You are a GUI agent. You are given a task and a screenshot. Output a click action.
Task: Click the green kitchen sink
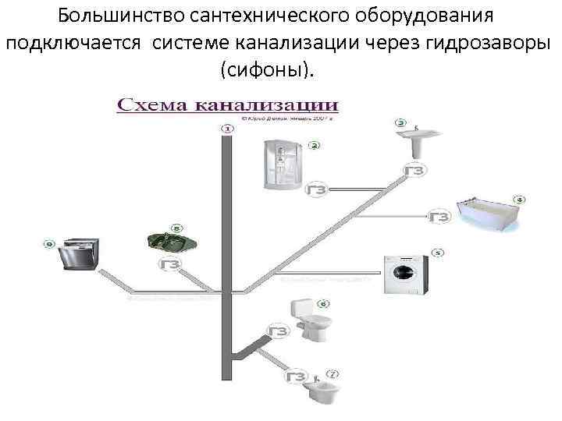click(171, 241)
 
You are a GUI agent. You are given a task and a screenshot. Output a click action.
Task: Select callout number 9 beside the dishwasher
click(49, 244)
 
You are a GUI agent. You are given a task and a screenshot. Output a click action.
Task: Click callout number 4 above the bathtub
click(518, 199)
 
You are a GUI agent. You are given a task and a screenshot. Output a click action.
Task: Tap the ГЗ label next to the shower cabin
click(316, 189)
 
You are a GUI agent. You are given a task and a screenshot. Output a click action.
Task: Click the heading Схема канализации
click(227, 104)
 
